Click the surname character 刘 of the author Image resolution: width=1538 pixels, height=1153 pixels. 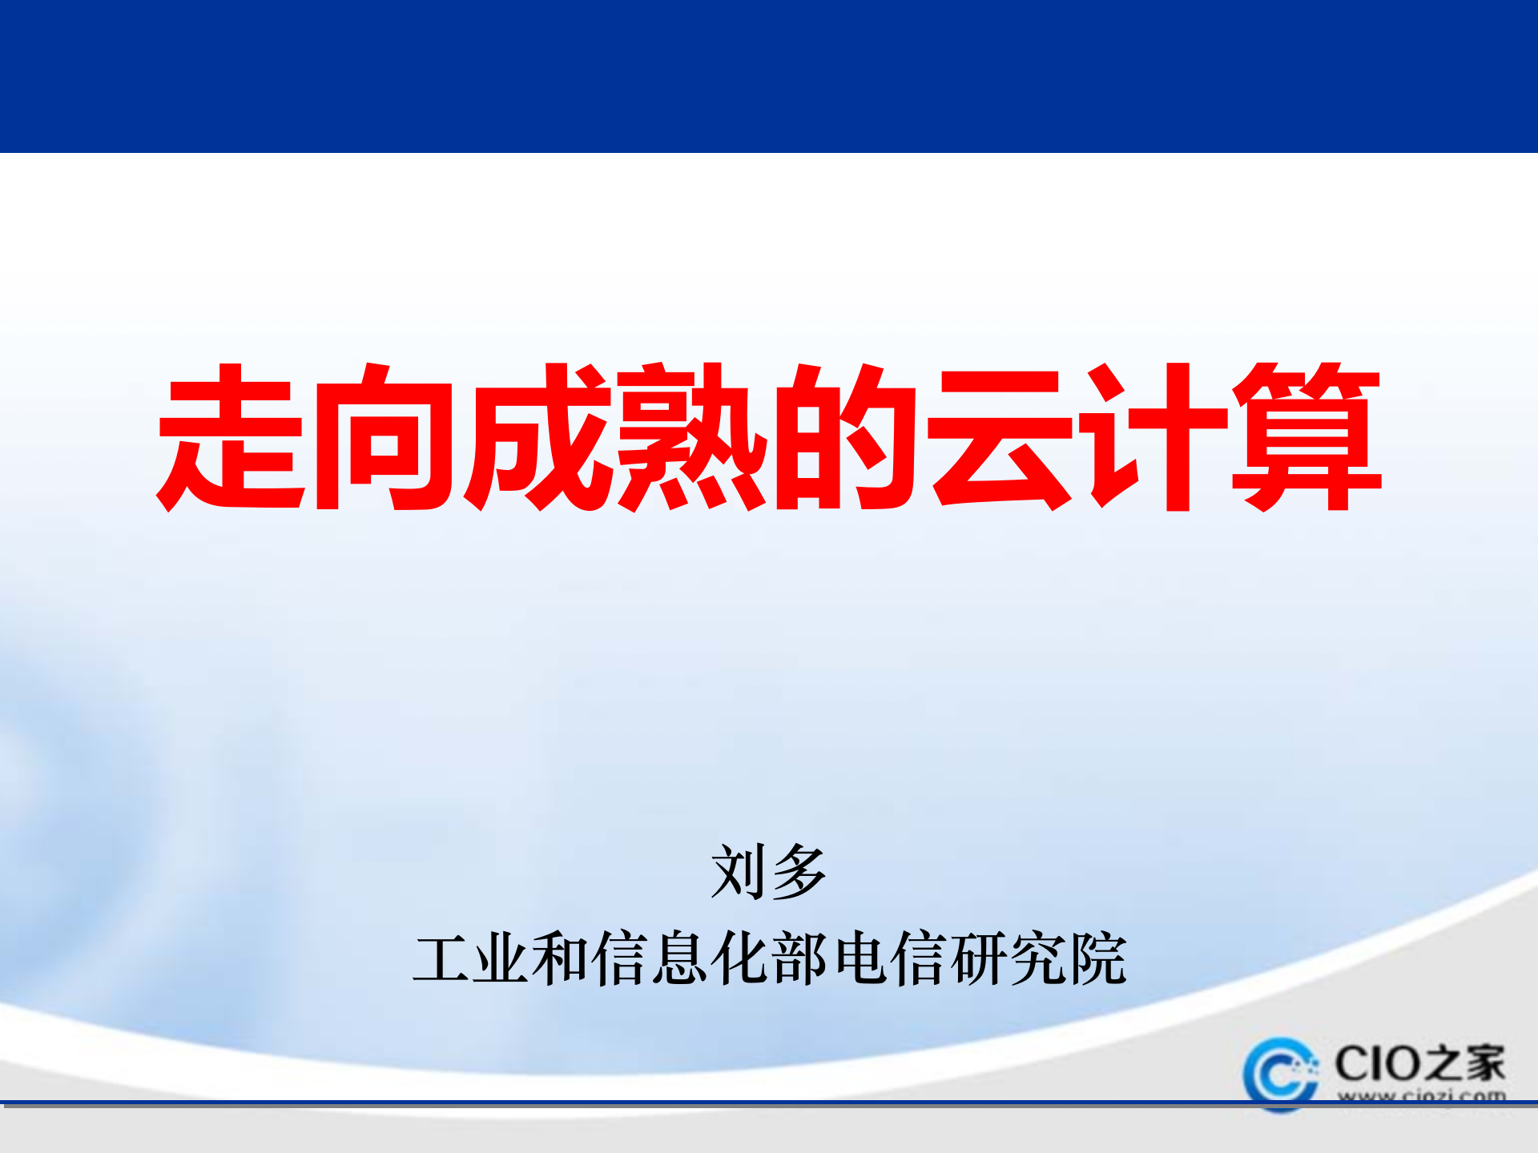click(x=739, y=871)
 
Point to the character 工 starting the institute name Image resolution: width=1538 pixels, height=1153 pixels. click(x=442, y=958)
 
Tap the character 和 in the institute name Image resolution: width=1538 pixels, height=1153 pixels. click(x=560, y=958)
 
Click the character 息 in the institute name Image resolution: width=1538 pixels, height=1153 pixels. click(x=679, y=958)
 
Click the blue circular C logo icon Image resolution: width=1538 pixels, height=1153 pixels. click(x=1280, y=1074)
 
